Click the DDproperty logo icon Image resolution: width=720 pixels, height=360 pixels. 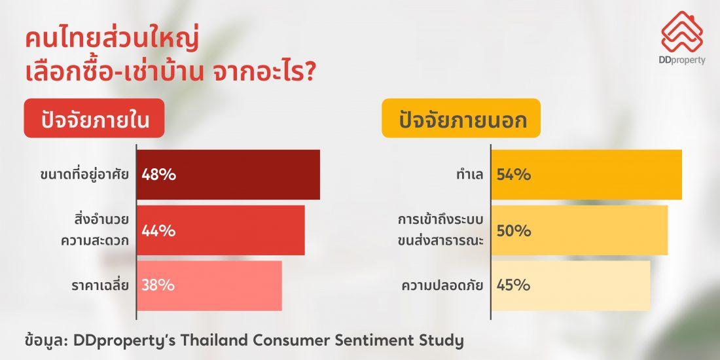(682, 31)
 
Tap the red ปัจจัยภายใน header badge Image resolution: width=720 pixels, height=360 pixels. (94, 118)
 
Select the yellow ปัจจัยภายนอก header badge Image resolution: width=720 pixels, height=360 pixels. (461, 118)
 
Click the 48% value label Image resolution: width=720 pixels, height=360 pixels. (159, 175)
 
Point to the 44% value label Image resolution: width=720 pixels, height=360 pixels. (158, 230)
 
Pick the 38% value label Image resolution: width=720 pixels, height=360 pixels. (158, 285)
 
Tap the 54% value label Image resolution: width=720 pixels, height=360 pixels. (514, 175)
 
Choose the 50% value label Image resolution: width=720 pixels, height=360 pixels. (514, 230)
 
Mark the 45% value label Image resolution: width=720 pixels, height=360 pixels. (513, 285)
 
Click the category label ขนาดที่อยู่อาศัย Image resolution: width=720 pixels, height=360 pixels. (84, 175)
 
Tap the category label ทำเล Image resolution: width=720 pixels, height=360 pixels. (470, 175)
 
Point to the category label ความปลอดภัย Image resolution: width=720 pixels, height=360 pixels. (442, 285)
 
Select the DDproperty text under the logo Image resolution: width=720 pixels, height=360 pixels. (683, 61)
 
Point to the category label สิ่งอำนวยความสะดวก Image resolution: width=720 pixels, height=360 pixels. (95, 230)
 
